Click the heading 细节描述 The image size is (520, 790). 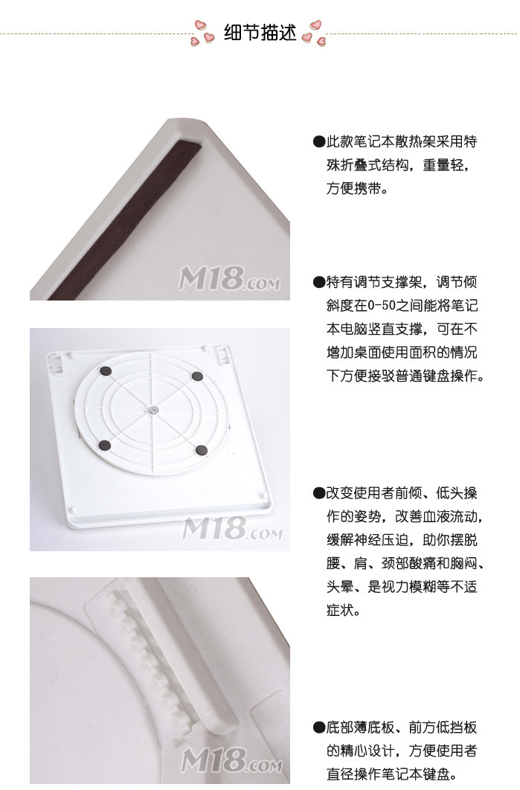pyautogui.click(x=260, y=33)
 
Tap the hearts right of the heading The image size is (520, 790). pyautogui.click(x=313, y=33)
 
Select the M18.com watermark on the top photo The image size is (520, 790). pyautogui.click(x=229, y=279)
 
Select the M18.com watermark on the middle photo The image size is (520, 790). pyautogui.click(x=232, y=527)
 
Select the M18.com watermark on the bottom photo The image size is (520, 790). pyautogui.click(x=232, y=760)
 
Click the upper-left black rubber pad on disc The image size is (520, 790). pyautogui.click(x=106, y=371)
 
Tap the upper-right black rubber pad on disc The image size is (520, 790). pyautogui.click(x=198, y=376)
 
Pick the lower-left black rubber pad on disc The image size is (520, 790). pyautogui.click(x=105, y=446)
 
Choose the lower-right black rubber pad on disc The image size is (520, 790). pyautogui.click(x=202, y=451)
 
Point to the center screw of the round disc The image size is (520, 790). pyautogui.click(x=153, y=410)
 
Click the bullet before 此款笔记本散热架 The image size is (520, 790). pyautogui.click(x=319, y=142)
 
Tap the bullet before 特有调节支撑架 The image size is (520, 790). pyautogui.click(x=319, y=282)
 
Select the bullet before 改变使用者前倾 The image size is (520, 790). pyautogui.click(x=319, y=493)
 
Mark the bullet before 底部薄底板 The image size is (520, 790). pyautogui.click(x=319, y=728)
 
